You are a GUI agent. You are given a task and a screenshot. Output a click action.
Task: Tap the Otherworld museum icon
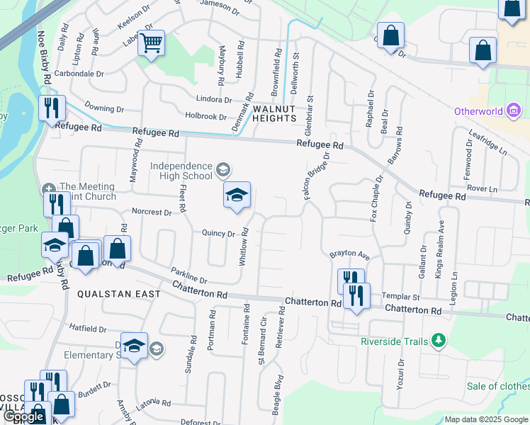pos(515,111)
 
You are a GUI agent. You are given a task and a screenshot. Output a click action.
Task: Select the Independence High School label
pos(181,171)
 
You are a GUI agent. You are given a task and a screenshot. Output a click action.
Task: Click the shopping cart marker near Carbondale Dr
pos(151,44)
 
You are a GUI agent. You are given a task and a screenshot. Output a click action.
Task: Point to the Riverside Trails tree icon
pos(439,341)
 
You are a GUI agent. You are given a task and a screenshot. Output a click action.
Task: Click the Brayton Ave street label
pos(349,254)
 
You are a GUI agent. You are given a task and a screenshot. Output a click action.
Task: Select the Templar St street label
pos(401,297)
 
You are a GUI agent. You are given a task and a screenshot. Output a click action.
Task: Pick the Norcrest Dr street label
pos(152,212)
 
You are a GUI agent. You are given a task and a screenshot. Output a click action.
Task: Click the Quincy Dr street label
pos(218,233)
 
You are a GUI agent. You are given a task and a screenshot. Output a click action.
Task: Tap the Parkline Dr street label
pos(188,276)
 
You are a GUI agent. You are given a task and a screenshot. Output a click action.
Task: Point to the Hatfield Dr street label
pos(87,329)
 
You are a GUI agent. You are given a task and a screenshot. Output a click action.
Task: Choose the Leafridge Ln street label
pos(489,142)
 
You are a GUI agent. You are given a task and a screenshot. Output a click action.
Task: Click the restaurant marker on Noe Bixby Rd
pos(52,108)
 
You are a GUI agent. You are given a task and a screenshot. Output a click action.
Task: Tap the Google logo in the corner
pos(23,416)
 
